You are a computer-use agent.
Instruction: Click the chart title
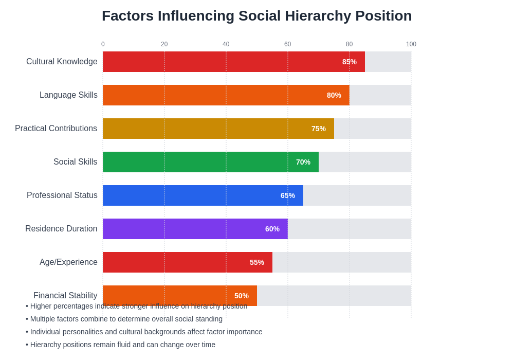[x=256, y=16]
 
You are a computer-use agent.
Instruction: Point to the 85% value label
[x=350, y=62]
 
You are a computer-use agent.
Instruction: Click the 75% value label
[x=319, y=129]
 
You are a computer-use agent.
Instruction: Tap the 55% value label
[x=257, y=262]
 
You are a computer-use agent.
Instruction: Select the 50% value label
[x=242, y=296]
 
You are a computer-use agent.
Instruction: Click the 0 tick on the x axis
[x=103, y=44]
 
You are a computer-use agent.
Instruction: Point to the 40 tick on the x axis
[x=226, y=44]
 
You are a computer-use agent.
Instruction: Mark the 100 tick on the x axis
[x=411, y=44]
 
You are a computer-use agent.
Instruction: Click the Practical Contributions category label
[x=56, y=129]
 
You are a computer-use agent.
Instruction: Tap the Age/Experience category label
[x=68, y=262]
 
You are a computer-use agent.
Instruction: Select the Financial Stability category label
[x=65, y=296]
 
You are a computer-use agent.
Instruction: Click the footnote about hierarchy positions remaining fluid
[x=121, y=345]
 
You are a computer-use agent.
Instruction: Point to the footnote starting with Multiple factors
[x=124, y=319]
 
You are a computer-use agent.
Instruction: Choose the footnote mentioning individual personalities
[x=144, y=332]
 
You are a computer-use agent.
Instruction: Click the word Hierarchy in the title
[x=318, y=16]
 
